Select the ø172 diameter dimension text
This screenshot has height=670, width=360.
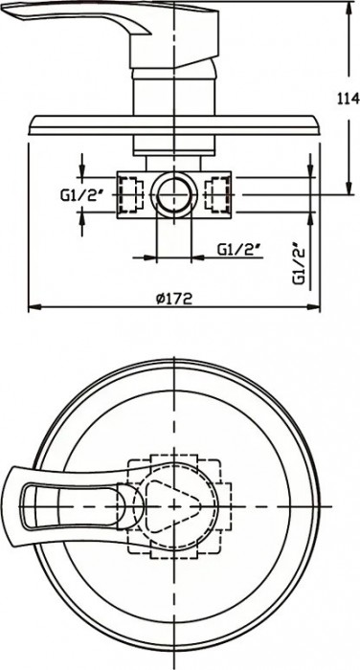pyautogui.click(x=173, y=298)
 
